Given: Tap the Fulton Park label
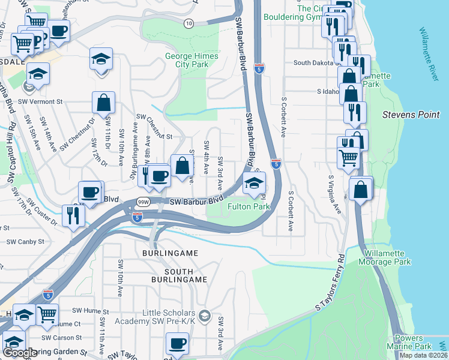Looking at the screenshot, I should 249,206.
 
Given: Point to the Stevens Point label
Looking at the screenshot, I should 411,114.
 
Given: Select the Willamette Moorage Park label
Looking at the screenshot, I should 384,257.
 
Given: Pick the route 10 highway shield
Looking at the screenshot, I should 188,23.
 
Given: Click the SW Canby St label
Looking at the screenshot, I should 25,242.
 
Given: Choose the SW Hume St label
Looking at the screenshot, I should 90,311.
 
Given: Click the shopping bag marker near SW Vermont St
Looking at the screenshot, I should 103,103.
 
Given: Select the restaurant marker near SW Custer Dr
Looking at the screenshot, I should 73,215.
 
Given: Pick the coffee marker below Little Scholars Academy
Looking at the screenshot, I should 176,344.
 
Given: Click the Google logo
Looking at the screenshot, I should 19,353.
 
